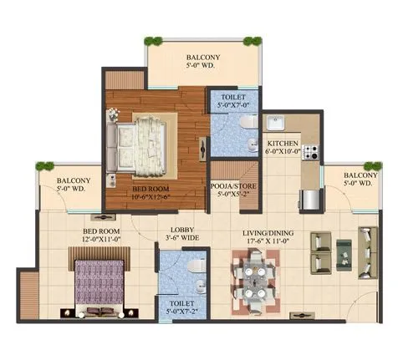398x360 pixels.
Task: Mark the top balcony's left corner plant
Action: (x=152, y=39)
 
